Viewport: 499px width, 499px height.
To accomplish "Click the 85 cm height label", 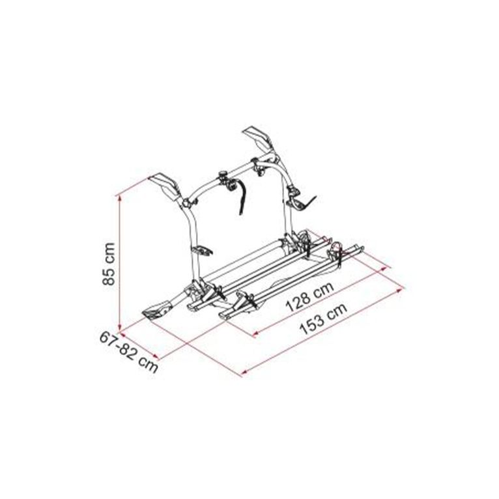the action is [109, 264].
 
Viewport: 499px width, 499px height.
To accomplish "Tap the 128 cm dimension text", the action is [309, 297].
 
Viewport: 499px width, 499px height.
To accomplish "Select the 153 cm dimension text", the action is [323, 318].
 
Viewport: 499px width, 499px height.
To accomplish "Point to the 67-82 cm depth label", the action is [129, 352].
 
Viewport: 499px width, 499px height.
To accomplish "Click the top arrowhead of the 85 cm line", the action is [120, 197].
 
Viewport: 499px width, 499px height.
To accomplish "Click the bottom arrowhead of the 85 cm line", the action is [120, 328].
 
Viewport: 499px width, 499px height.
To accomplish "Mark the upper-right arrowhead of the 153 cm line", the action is [402, 290].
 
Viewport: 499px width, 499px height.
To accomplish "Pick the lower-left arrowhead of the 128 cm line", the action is [255, 333].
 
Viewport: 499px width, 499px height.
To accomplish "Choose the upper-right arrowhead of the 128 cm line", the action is [384, 269].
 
